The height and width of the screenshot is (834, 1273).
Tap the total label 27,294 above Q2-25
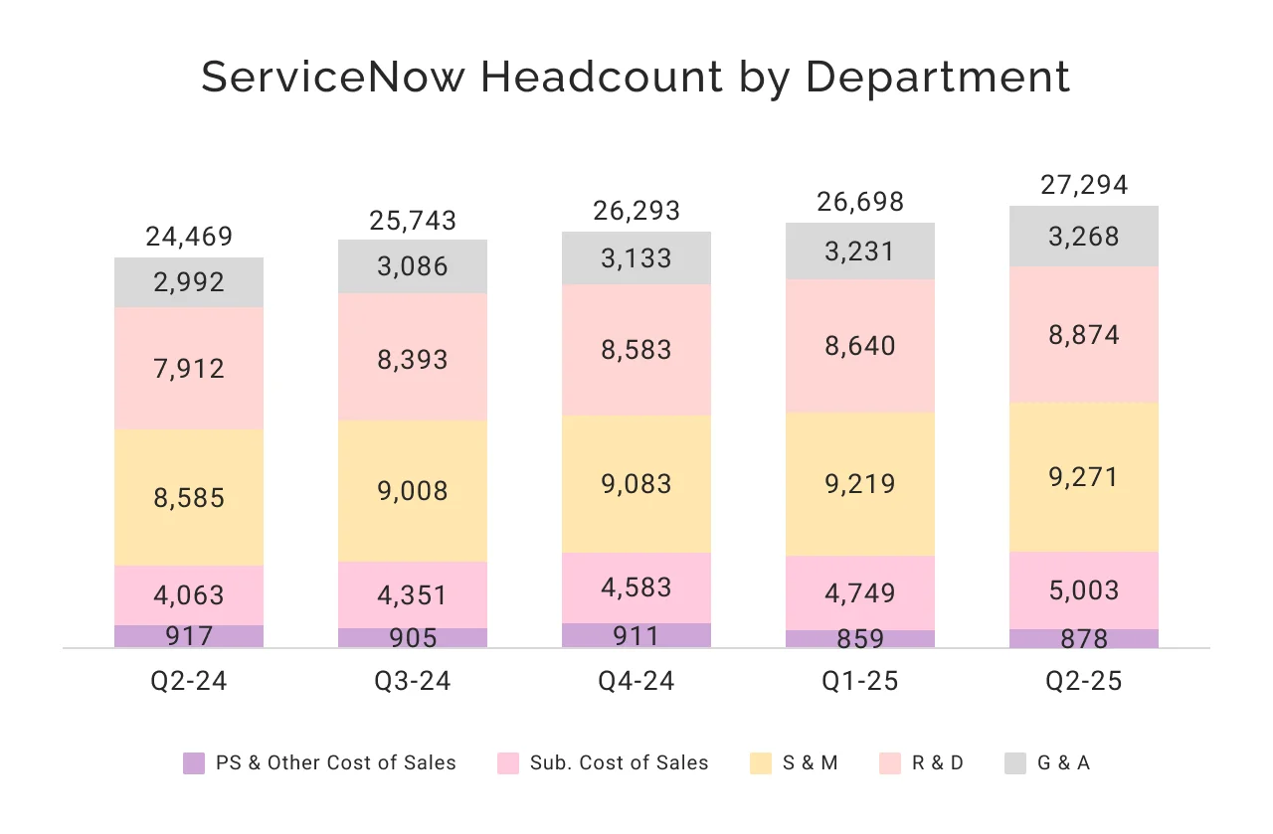pyautogui.click(x=1084, y=186)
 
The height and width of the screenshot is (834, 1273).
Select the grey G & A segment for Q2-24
pyautogui.click(x=189, y=282)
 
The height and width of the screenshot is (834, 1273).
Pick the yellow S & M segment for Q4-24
pyautogui.click(x=636, y=484)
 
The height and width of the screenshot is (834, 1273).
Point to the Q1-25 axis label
pyautogui.click(x=860, y=681)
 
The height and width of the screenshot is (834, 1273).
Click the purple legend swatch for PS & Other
pyautogui.click(x=194, y=763)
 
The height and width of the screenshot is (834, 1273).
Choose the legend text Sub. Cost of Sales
pyautogui.click(x=619, y=763)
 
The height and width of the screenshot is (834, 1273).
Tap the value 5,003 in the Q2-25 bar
pyautogui.click(x=1084, y=590)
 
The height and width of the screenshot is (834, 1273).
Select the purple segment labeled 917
pyautogui.click(x=189, y=636)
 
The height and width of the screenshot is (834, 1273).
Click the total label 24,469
pyautogui.click(x=189, y=237)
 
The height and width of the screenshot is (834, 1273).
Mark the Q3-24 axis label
pyautogui.click(x=413, y=681)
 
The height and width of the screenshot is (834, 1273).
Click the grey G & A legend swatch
pyautogui.click(x=1014, y=763)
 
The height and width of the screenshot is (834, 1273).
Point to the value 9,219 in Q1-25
pyautogui.click(x=860, y=484)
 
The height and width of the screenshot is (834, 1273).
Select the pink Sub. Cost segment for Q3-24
pyautogui.click(x=413, y=594)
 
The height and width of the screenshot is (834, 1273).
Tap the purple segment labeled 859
pyautogui.click(x=860, y=639)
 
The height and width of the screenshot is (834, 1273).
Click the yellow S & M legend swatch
pyautogui.click(x=760, y=763)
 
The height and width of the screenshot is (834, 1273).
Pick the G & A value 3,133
pyautogui.click(x=636, y=258)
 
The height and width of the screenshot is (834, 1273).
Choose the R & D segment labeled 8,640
pyautogui.click(x=860, y=346)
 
